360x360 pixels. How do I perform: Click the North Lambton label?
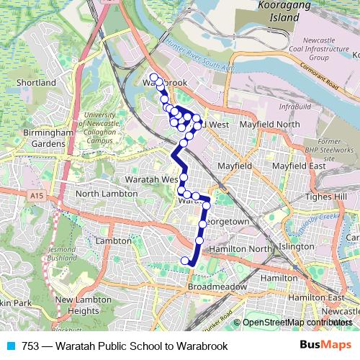coord(106,194)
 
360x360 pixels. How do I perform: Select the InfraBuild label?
coord(294,107)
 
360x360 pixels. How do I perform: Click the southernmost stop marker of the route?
coord(186,261)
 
